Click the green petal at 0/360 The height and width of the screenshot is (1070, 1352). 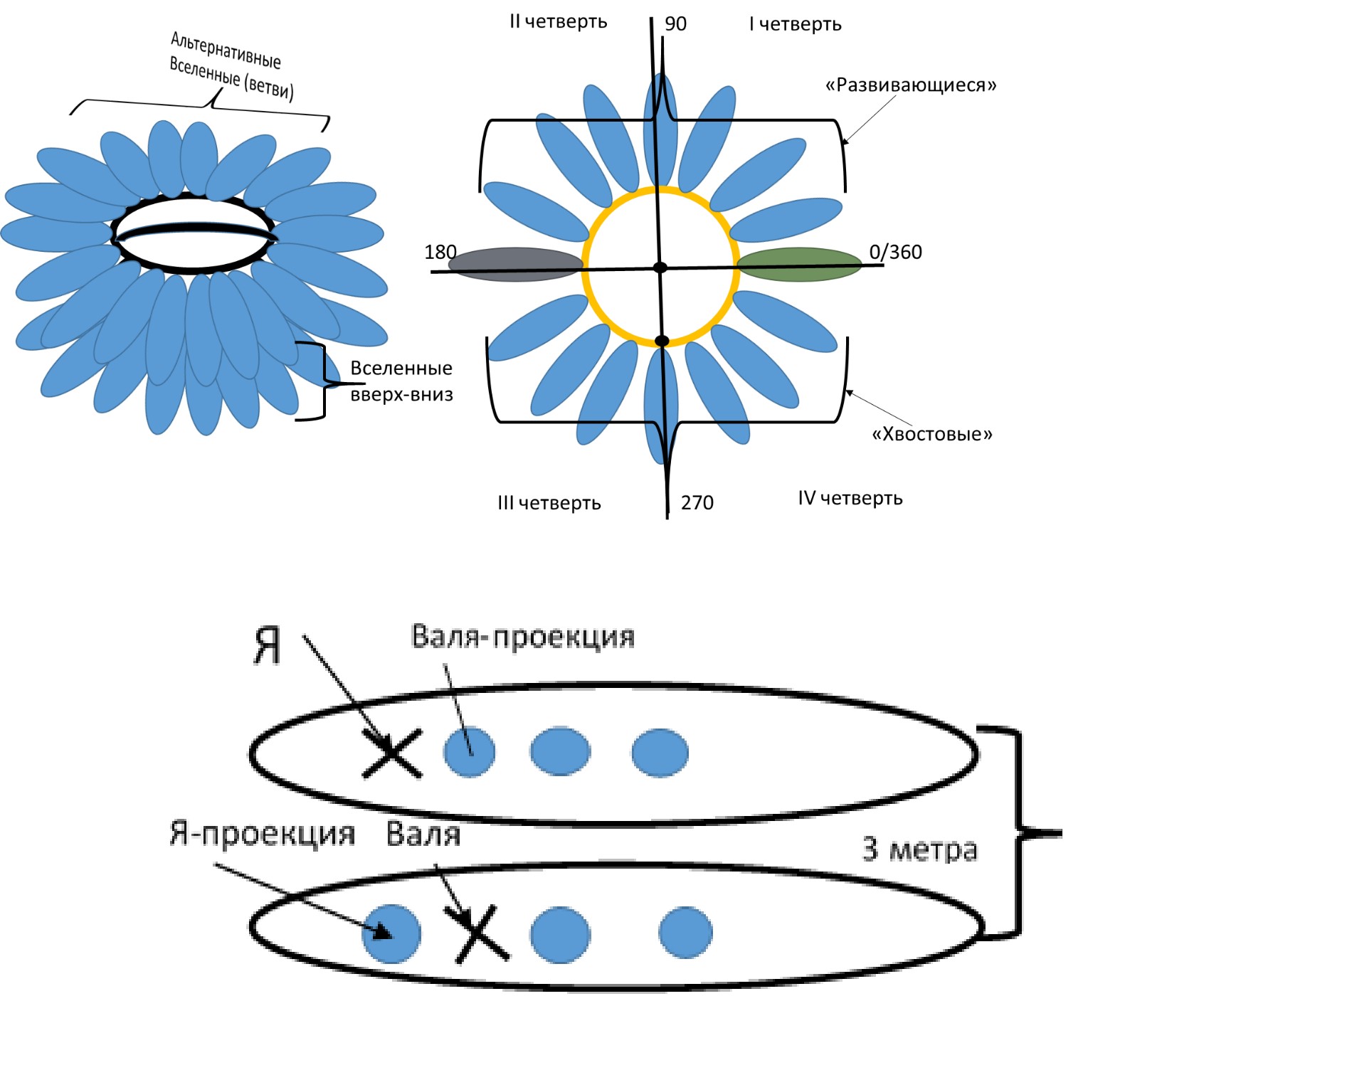click(798, 265)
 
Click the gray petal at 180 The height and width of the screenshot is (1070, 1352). click(515, 265)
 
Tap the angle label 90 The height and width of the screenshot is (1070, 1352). click(675, 24)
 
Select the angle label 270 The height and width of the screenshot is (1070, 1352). click(697, 503)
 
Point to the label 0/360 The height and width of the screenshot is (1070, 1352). click(895, 252)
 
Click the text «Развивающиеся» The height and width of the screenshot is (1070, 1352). click(910, 85)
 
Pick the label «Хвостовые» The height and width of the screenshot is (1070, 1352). click(931, 434)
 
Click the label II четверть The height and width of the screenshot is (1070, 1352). click(558, 21)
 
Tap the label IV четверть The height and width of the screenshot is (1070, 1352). click(850, 498)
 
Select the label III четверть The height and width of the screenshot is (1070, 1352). click(549, 503)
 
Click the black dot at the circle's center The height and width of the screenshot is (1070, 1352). click(660, 267)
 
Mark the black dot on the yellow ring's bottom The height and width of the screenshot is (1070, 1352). click(662, 341)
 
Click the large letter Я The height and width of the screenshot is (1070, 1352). click(267, 646)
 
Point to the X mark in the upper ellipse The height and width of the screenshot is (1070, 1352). click(392, 753)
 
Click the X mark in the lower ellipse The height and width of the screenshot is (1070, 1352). click(481, 933)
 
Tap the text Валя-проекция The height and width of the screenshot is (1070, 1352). click(522, 637)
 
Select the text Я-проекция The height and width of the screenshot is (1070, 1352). click(262, 833)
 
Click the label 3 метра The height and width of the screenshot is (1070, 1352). click(919, 849)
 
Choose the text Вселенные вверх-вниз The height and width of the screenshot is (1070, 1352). click(401, 381)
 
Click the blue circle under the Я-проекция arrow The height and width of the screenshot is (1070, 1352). click(391, 933)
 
